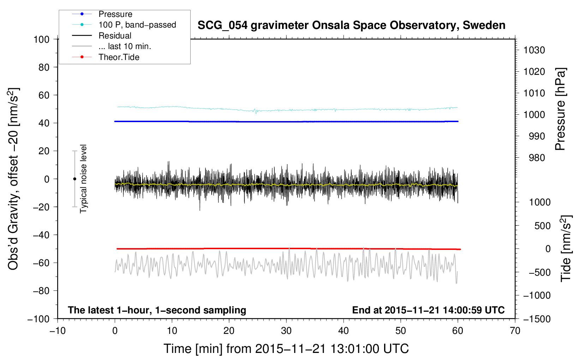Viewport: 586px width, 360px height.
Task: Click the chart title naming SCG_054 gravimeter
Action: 351,25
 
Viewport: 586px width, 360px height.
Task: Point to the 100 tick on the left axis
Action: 42,40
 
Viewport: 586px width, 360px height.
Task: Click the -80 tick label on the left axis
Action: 41,291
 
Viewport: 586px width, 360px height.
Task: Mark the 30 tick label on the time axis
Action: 286,331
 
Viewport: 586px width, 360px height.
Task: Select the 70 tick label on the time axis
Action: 515,331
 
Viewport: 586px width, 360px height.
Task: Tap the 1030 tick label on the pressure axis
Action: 534,50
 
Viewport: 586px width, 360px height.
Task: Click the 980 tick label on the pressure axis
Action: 537,158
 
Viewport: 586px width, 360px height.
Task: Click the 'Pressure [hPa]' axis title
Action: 560,109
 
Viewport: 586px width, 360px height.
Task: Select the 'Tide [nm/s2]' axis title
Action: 566,248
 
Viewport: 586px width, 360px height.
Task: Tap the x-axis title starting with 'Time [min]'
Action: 286,349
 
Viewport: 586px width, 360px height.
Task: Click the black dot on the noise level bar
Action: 74,179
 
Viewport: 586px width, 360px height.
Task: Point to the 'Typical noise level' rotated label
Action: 83,179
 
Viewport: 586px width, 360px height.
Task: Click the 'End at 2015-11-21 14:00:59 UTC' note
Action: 428,310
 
